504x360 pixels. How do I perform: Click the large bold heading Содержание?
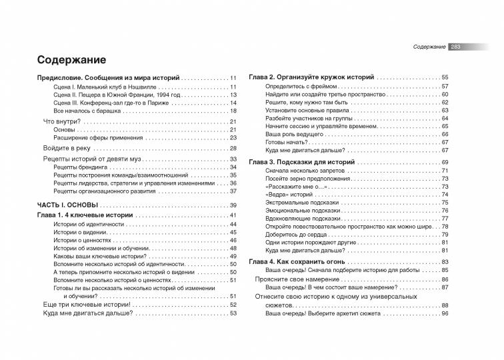tap(72, 59)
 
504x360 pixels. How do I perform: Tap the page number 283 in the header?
tap(457, 47)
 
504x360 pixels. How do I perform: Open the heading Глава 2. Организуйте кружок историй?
tap(311, 78)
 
